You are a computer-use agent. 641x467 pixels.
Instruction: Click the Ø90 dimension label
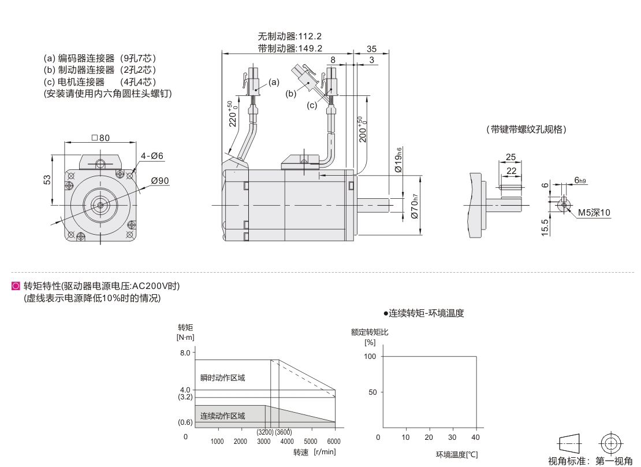point(160,181)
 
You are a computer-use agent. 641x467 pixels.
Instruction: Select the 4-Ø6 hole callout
point(152,156)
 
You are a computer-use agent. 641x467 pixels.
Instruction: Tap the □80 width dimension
point(100,138)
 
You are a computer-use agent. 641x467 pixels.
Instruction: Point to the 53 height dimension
point(48,180)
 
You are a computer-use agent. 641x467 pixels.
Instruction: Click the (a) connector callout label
point(274,82)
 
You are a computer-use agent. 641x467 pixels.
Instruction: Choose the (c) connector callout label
point(312,105)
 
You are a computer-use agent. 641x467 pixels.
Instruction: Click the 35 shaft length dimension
point(371,49)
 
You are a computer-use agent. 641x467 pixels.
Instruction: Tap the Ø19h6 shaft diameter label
point(398,160)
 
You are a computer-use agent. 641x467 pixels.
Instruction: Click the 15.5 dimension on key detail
point(545,227)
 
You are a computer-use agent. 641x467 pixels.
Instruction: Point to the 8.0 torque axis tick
point(185,353)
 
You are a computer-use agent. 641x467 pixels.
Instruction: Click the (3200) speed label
point(265,432)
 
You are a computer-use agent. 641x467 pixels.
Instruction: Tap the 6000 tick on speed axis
point(334,442)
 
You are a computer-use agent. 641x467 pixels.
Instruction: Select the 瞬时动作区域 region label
point(222,377)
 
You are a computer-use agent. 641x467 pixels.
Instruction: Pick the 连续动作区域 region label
point(222,416)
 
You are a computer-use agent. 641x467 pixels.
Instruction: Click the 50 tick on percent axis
point(372,392)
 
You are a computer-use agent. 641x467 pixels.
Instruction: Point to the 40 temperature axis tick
point(475,438)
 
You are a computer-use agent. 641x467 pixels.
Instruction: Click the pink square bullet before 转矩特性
point(16,286)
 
